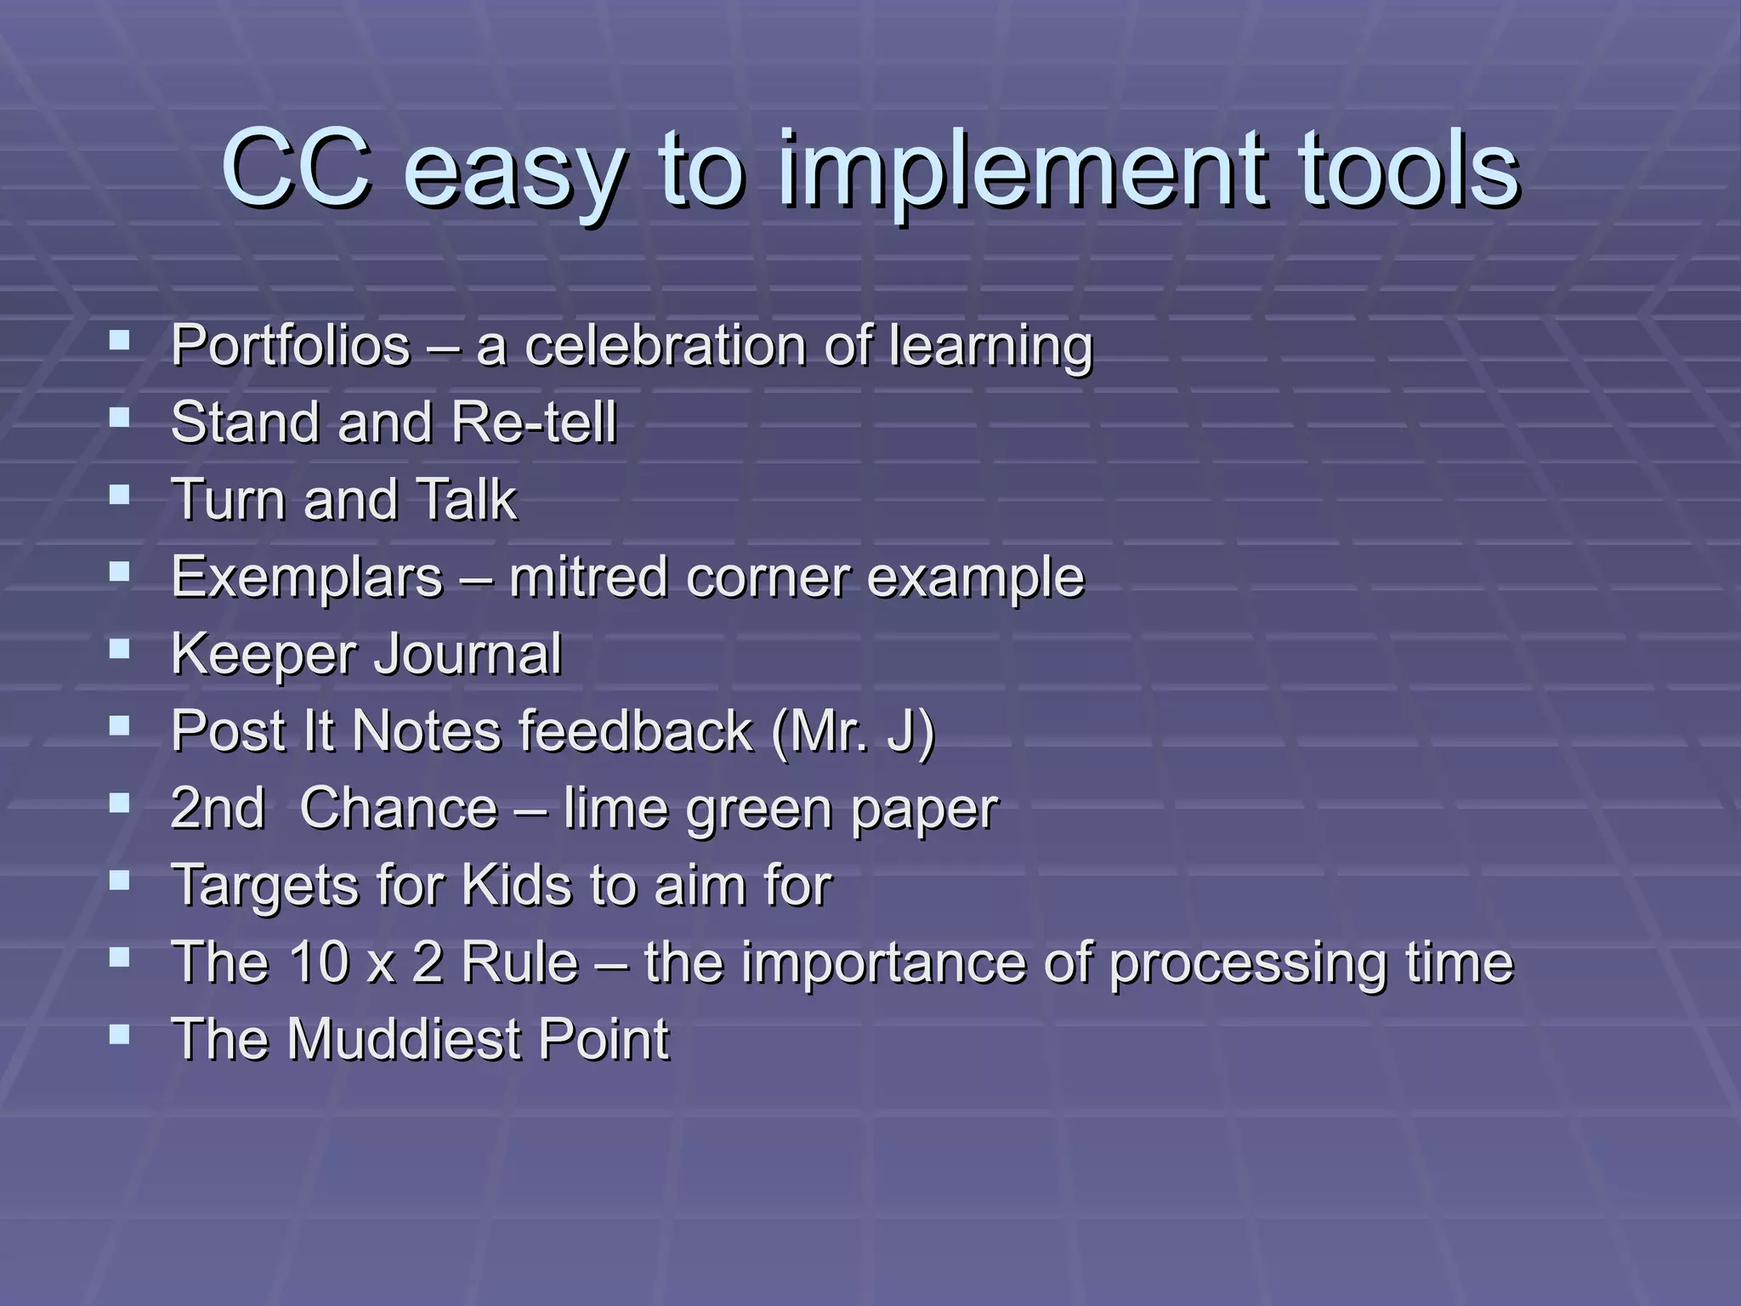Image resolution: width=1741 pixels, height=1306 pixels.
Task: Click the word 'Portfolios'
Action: pos(291,346)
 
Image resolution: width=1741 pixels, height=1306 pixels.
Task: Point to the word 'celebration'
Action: pos(666,346)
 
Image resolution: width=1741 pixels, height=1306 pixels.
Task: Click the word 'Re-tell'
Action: pos(534,423)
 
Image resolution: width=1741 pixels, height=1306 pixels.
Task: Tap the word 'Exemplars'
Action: pos(307,577)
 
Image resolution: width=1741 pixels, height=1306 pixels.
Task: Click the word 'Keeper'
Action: pos(264,654)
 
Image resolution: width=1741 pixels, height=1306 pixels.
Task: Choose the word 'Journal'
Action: pos(468,654)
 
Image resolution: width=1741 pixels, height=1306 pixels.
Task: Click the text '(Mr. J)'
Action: pos(853,731)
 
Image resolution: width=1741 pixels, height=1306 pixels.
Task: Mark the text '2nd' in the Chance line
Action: pos(218,808)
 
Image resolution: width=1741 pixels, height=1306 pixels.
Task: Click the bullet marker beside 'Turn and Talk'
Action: pos(120,495)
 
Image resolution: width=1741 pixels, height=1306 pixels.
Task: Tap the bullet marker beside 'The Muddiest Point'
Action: pos(120,1035)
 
